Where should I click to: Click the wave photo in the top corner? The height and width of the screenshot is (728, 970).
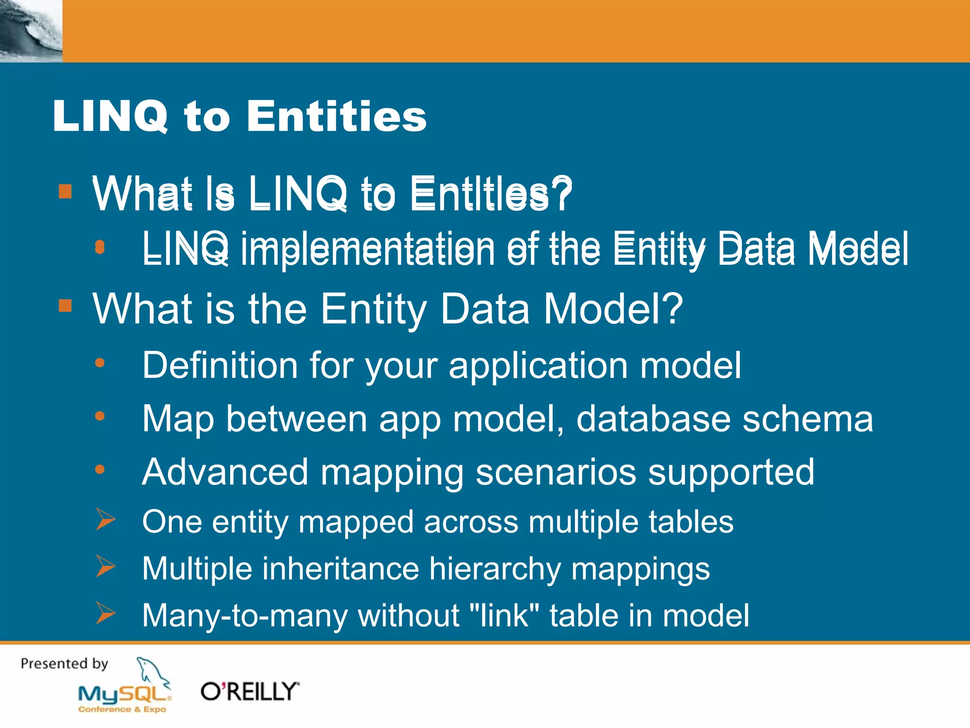[31, 31]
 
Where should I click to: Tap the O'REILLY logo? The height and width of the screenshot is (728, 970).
[250, 692]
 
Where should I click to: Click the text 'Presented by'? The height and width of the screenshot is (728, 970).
[64, 664]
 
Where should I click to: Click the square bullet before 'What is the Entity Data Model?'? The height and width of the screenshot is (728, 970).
[65, 306]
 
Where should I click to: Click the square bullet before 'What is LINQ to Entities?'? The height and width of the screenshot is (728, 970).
[65, 191]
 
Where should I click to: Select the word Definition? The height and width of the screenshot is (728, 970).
[220, 365]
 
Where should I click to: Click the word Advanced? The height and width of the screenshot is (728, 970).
[225, 472]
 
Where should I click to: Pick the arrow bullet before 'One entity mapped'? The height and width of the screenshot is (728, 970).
[105, 519]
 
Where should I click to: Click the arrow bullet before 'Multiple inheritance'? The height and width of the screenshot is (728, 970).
[105, 566]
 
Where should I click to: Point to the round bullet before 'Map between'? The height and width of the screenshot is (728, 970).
[99, 416]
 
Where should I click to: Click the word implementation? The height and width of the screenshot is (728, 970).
[367, 249]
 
